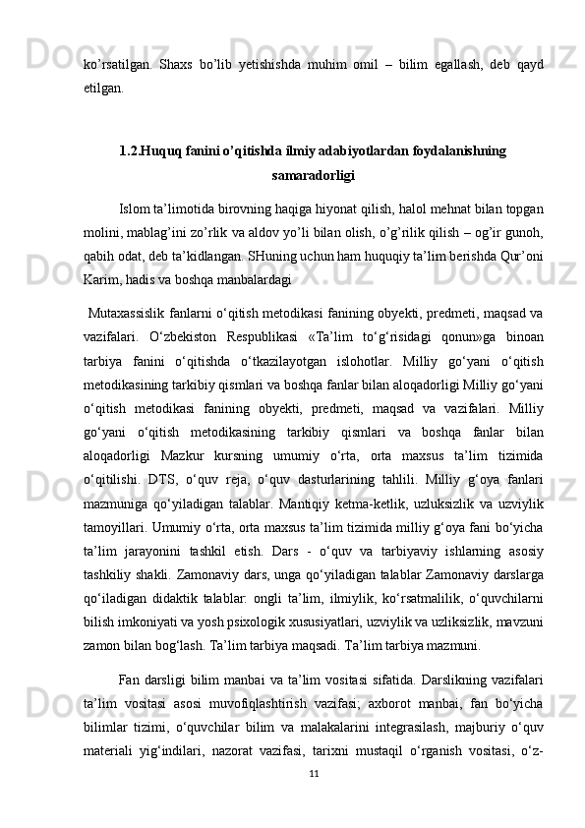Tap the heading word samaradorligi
pos(312,176)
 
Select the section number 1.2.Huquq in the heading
pos(151,151)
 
